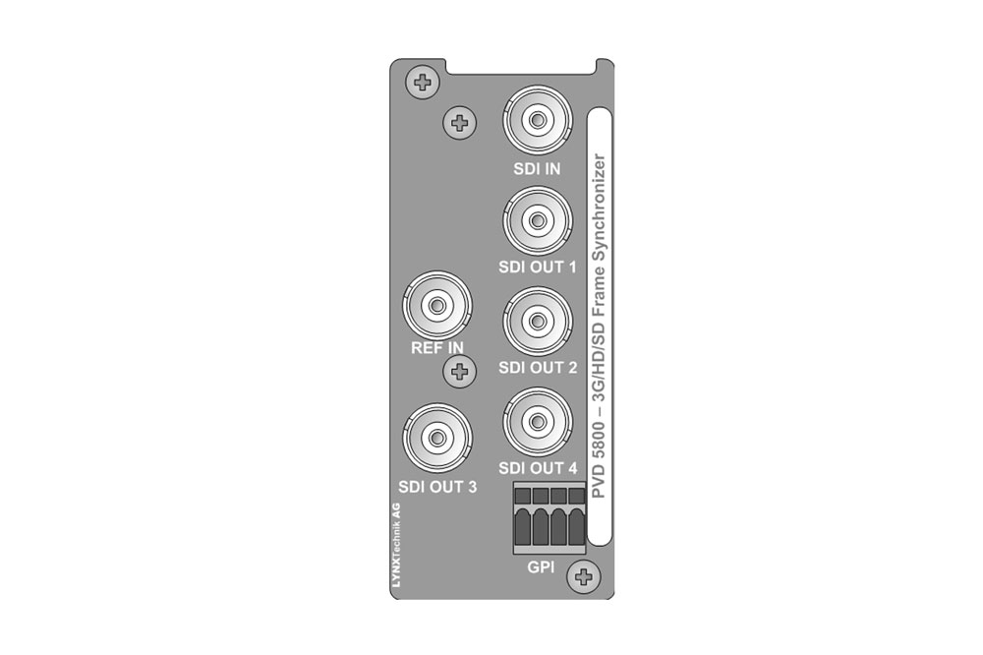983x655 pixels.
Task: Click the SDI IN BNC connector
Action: (x=538, y=120)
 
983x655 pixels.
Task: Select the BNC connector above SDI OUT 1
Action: (x=538, y=220)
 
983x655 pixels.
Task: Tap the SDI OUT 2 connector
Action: (x=538, y=322)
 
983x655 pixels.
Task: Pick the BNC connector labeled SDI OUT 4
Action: (x=538, y=422)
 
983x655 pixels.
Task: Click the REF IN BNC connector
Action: (x=437, y=306)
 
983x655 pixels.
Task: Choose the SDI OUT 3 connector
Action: (x=437, y=438)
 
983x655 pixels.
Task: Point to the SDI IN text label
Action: (x=537, y=169)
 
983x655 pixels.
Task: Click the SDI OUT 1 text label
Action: (x=538, y=268)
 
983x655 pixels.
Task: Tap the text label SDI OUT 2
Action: (x=538, y=368)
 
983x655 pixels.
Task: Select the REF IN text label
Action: (x=437, y=347)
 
